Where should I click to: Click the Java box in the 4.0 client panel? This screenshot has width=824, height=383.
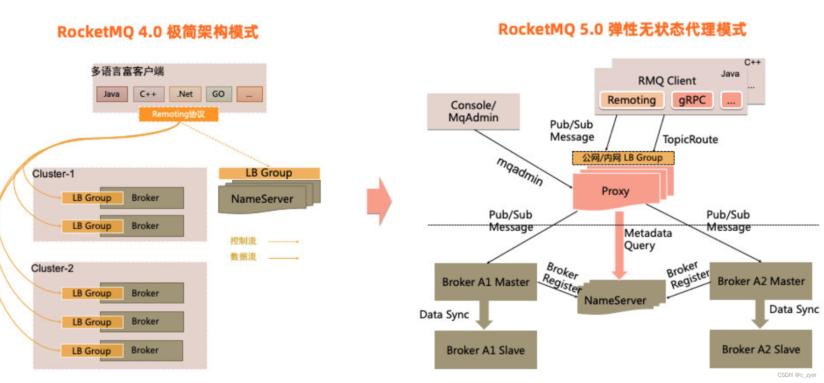click(x=112, y=94)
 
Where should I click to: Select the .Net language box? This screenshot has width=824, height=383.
click(x=185, y=94)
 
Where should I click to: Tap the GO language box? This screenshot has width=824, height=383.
click(x=218, y=94)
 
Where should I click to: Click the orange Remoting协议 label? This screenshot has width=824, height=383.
click(x=178, y=115)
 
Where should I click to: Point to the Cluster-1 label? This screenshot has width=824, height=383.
click(x=53, y=174)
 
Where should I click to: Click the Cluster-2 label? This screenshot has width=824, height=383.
click(x=52, y=268)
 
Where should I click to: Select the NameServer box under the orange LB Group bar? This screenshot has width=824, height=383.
click(x=263, y=199)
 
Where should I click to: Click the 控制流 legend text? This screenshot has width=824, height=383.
click(x=243, y=241)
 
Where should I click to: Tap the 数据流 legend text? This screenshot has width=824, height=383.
click(x=243, y=257)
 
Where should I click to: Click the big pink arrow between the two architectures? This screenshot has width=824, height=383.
click(x=379, y=201)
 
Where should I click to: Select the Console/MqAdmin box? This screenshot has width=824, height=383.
click(x=473, y=112)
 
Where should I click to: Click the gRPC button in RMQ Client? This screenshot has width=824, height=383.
click(x=692, y=100)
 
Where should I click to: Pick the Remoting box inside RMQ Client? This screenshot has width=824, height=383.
click(x=631, y=100)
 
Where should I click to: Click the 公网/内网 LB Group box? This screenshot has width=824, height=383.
click(x=623, y=158)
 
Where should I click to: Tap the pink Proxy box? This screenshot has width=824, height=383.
click(x=616, y=191)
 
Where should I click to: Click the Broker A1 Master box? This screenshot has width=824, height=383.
click(x=485, y=282)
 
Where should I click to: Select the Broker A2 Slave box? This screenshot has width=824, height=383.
click(x=761, y=349)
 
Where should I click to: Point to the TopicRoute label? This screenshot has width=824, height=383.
click(x=690, y=140)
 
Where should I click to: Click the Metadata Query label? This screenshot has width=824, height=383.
click(x=647, y=239)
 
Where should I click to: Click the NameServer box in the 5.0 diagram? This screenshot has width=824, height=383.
click(x=615, y=300)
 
